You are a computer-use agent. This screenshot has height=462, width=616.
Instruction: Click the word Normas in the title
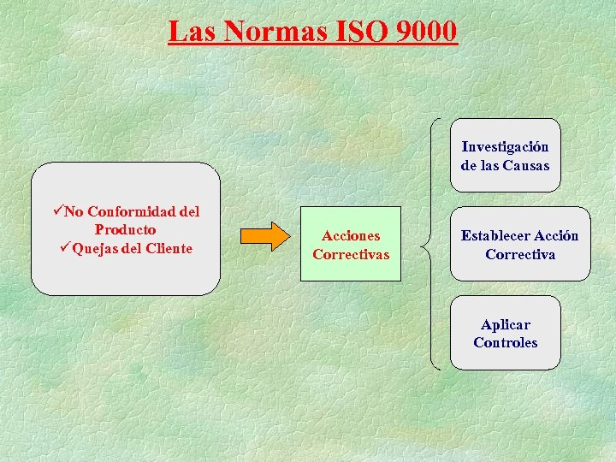[275, 32]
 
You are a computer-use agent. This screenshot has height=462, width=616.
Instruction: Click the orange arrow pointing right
[264, 236]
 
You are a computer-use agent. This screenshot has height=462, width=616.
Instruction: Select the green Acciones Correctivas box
[350, 245]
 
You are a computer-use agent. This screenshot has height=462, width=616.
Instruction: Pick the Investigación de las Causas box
[505, 156]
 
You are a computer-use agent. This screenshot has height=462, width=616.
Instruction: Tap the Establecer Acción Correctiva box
[519, 245]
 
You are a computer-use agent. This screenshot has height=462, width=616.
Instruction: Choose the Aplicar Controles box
[505, 334]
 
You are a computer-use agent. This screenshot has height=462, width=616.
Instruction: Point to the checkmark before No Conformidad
[57, 210]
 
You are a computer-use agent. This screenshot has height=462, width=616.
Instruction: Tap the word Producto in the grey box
[125, 229]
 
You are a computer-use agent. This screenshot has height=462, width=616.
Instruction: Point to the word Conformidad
[134, 211]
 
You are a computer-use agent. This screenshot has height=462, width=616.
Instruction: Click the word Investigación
[505, 147]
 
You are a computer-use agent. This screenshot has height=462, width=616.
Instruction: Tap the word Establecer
[495, 236]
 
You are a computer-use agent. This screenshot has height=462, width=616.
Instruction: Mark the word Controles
[505, 342]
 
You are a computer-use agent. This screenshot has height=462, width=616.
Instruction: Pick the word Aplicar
[505, 325]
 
